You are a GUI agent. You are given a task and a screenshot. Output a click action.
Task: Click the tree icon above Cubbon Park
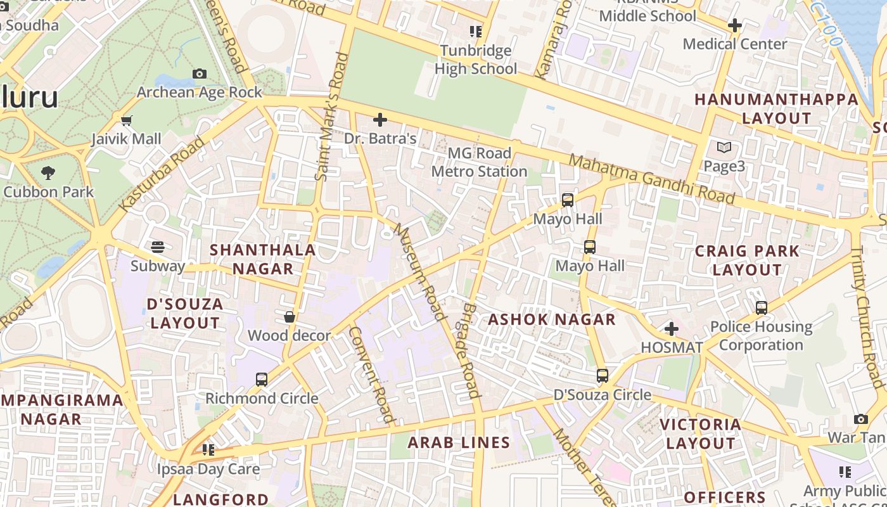click(48, 172)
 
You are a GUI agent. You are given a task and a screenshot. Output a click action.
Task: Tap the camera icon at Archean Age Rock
click(200, 74)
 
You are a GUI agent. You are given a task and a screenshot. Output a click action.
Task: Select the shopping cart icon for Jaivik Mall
click(126, 120)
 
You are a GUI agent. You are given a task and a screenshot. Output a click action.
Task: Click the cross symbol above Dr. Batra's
click(380, 120)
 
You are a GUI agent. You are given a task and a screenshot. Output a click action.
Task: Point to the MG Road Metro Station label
click(479, 162)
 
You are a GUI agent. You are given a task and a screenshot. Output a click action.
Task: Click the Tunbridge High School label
click(476, 60)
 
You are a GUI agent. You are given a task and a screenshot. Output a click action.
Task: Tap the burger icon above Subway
click(158, 247)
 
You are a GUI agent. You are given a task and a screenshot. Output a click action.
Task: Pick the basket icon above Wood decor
click(290, 317)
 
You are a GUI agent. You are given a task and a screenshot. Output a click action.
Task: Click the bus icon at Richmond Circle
click(262, 380)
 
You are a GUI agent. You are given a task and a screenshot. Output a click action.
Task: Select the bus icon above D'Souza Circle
click(603, 376)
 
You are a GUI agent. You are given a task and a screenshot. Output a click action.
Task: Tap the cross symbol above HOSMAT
click(672, 329)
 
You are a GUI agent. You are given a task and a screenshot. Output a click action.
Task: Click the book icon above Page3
click(724, 148)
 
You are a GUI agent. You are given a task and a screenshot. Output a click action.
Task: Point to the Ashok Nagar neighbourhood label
click(552, 319)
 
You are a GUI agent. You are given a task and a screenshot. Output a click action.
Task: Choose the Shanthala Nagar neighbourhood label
click(262, 259)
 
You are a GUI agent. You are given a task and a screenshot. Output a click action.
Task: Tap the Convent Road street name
click(372, 375)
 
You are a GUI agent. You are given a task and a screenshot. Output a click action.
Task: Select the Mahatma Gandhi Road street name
click(652, 179)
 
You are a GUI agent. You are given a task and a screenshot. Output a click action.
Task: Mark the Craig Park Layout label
click(747, 260)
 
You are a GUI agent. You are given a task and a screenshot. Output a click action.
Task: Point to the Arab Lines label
click(459, 442)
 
